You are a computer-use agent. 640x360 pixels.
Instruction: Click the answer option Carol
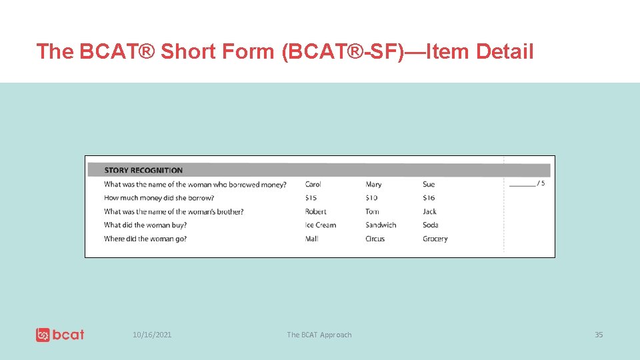point(313,185)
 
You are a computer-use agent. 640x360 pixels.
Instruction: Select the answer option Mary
point(373,185)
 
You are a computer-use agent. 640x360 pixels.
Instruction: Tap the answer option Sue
point(429,185)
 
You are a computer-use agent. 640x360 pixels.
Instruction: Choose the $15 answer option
point(311,198)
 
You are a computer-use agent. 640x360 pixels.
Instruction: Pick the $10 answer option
point(371,198)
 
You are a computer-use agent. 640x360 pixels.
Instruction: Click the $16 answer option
point(429,198)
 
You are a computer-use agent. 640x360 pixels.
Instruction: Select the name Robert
point(316,211)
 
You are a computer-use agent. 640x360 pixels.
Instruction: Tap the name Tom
point(372,211)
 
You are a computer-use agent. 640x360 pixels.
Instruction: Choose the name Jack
point(429,211)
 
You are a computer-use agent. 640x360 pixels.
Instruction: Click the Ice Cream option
point(321,225)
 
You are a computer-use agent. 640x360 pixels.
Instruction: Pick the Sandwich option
point(381,225)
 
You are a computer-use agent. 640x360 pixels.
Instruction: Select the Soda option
point(431,225)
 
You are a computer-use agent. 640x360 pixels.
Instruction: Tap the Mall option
point(311,239)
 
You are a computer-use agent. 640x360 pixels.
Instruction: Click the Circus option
point(375,239)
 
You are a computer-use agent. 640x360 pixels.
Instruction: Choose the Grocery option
point(435,239)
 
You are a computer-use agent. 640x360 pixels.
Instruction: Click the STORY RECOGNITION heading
point(143,170)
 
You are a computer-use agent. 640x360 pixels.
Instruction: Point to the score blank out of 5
point(523,183)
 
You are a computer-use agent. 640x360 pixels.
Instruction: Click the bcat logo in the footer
point(60,335)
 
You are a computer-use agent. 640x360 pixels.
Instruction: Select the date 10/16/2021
point(152,335)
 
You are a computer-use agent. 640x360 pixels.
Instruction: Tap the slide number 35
point(599,335)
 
